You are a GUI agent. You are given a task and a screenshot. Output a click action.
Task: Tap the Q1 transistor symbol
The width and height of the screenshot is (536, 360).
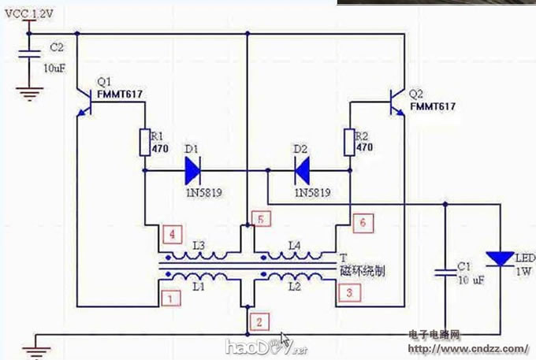(86, 101)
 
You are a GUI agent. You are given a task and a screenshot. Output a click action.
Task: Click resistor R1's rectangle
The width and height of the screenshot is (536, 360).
(145, 143)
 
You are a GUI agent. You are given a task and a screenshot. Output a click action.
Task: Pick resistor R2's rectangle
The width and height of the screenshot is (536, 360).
(351, 143)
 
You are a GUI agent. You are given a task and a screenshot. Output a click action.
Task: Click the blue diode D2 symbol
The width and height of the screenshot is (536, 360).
(302, 169)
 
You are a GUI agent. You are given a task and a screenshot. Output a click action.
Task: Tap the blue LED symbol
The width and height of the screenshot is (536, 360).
(501, 258)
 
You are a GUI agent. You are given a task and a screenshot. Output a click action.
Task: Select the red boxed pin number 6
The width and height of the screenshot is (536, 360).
(361, 223)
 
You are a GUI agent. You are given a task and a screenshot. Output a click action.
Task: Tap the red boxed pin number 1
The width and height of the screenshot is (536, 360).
(167, 298)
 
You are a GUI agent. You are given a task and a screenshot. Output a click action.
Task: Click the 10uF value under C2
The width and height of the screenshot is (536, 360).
(54, 69)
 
